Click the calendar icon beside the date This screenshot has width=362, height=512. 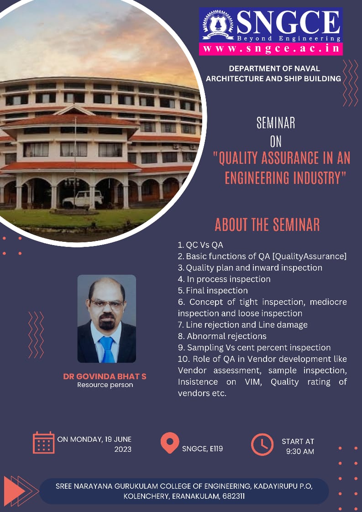(43, 443)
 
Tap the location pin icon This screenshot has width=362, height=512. (170, 443)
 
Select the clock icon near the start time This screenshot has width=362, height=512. (262, 444)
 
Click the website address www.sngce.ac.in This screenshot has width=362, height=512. (271, 49)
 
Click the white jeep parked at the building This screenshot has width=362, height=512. (83, 199)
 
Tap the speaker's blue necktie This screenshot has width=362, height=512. (107, 349)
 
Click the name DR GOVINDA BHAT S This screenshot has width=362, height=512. (105, 376)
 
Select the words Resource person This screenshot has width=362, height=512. (105, 385)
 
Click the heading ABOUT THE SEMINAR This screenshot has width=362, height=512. (267, 225)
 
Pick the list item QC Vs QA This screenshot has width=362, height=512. (200, 245)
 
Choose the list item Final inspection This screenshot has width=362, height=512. (213, 290)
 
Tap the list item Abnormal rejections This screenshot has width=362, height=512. (222, 336)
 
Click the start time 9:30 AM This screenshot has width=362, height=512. (300, 452)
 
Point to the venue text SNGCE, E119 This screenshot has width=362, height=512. (203, 449)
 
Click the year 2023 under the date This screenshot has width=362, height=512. (123, 449)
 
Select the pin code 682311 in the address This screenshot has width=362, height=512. (234, 496)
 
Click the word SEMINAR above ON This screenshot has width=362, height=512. (276, 123)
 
